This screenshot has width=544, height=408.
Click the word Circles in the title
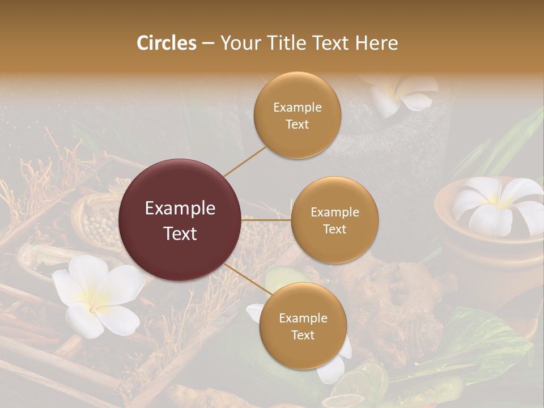point(167,43)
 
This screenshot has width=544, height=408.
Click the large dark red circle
point(180,220)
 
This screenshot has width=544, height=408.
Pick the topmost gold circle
point(297,116)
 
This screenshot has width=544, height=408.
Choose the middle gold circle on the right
point(334,220)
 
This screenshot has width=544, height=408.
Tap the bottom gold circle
point(303,326)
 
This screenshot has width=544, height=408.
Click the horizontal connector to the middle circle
point(266,220)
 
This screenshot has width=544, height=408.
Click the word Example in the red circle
point(180,209)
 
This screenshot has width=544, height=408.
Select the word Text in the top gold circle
point(297,124)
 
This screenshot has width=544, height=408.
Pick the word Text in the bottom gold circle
point(303,335)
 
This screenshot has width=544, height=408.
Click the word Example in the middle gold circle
point(334,212)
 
